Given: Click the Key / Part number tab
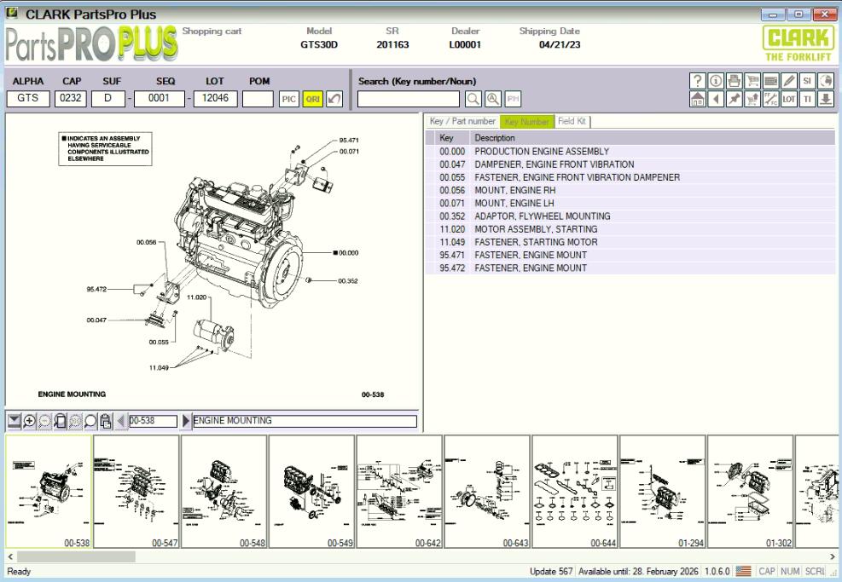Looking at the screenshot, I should tap(462, 122).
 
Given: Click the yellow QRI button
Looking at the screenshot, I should tap(313, 99).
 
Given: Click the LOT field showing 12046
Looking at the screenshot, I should tap(214, 98).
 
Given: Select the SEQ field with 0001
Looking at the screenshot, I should tap(160, 98).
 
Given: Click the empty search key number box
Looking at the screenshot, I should tap(408, 99).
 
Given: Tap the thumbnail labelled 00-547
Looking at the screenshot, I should tap(136, 490).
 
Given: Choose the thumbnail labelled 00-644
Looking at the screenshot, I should tap(576, 490).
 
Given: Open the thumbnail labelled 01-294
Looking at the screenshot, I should tap(663, 490).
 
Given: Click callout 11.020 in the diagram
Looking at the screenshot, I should tap(197, 297).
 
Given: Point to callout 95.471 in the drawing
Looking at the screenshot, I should tap(349, 140).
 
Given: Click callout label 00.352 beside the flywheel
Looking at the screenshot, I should tap(348, 279).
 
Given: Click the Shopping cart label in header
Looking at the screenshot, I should tap(212, 32).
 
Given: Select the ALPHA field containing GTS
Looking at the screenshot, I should tap(27, 98).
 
